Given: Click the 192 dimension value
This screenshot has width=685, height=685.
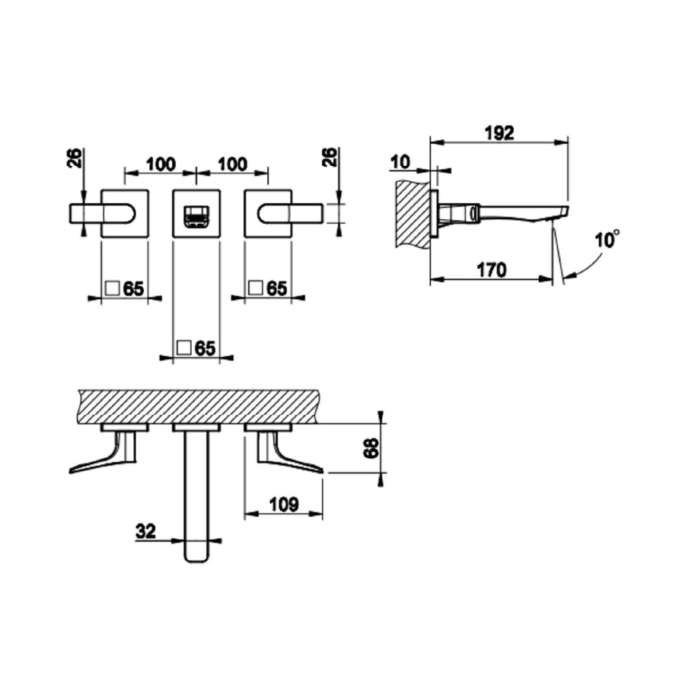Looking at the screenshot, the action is (500, 132).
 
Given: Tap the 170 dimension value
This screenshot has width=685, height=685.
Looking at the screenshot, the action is (492, 270).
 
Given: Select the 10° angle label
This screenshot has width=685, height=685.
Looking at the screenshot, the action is (607, 239).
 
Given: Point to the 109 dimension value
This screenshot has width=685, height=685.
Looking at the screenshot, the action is (284, 505).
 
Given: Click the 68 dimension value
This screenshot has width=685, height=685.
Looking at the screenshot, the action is (371, 448).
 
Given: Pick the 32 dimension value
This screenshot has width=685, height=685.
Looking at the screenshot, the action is (146, 532).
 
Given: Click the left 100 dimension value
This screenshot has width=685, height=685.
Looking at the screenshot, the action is (161, 164).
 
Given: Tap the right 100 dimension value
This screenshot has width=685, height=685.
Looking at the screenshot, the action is (232, 164).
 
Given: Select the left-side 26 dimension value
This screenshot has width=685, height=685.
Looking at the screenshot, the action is (75, 158).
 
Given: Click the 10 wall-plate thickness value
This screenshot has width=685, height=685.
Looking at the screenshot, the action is (400, 162).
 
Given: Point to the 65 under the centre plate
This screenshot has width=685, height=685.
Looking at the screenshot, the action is (205, 348).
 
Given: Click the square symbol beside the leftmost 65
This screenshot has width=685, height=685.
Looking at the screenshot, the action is (113, 288).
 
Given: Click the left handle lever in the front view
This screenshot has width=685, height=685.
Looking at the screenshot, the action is (102, 215).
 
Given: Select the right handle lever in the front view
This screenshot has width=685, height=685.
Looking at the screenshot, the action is (291, 215).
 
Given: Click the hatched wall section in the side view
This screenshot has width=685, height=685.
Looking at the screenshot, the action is (413, 214).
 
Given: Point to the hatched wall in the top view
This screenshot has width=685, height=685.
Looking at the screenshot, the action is (199, 406).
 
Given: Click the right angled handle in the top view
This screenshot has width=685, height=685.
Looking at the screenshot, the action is (288, 453).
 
